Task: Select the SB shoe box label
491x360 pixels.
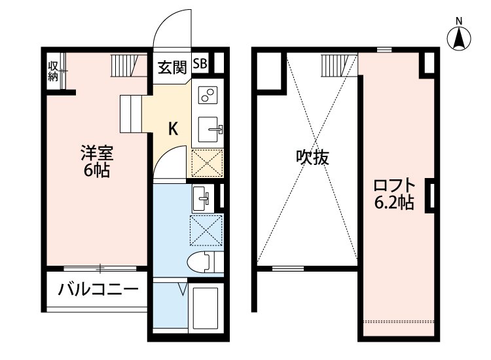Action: tap(201, 64)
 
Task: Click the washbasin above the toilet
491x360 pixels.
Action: tap(202, 196)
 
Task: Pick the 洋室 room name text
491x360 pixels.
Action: tap(98, 154)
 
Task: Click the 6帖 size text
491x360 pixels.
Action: tap(98, 171)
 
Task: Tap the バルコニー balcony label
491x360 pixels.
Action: tap(98, 289)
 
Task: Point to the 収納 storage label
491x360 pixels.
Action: tap(53, 71)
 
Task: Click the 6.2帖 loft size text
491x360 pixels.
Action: tap(393, 203)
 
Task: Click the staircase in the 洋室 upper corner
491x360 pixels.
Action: tap(125, 65)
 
